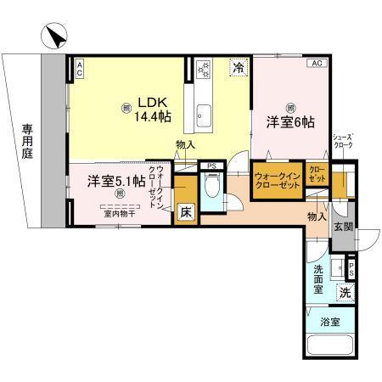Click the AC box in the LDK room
pos(79,68)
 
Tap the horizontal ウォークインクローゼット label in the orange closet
pos(277,181)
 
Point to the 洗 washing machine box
pos(345,291)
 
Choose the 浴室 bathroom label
pos(330,322)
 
